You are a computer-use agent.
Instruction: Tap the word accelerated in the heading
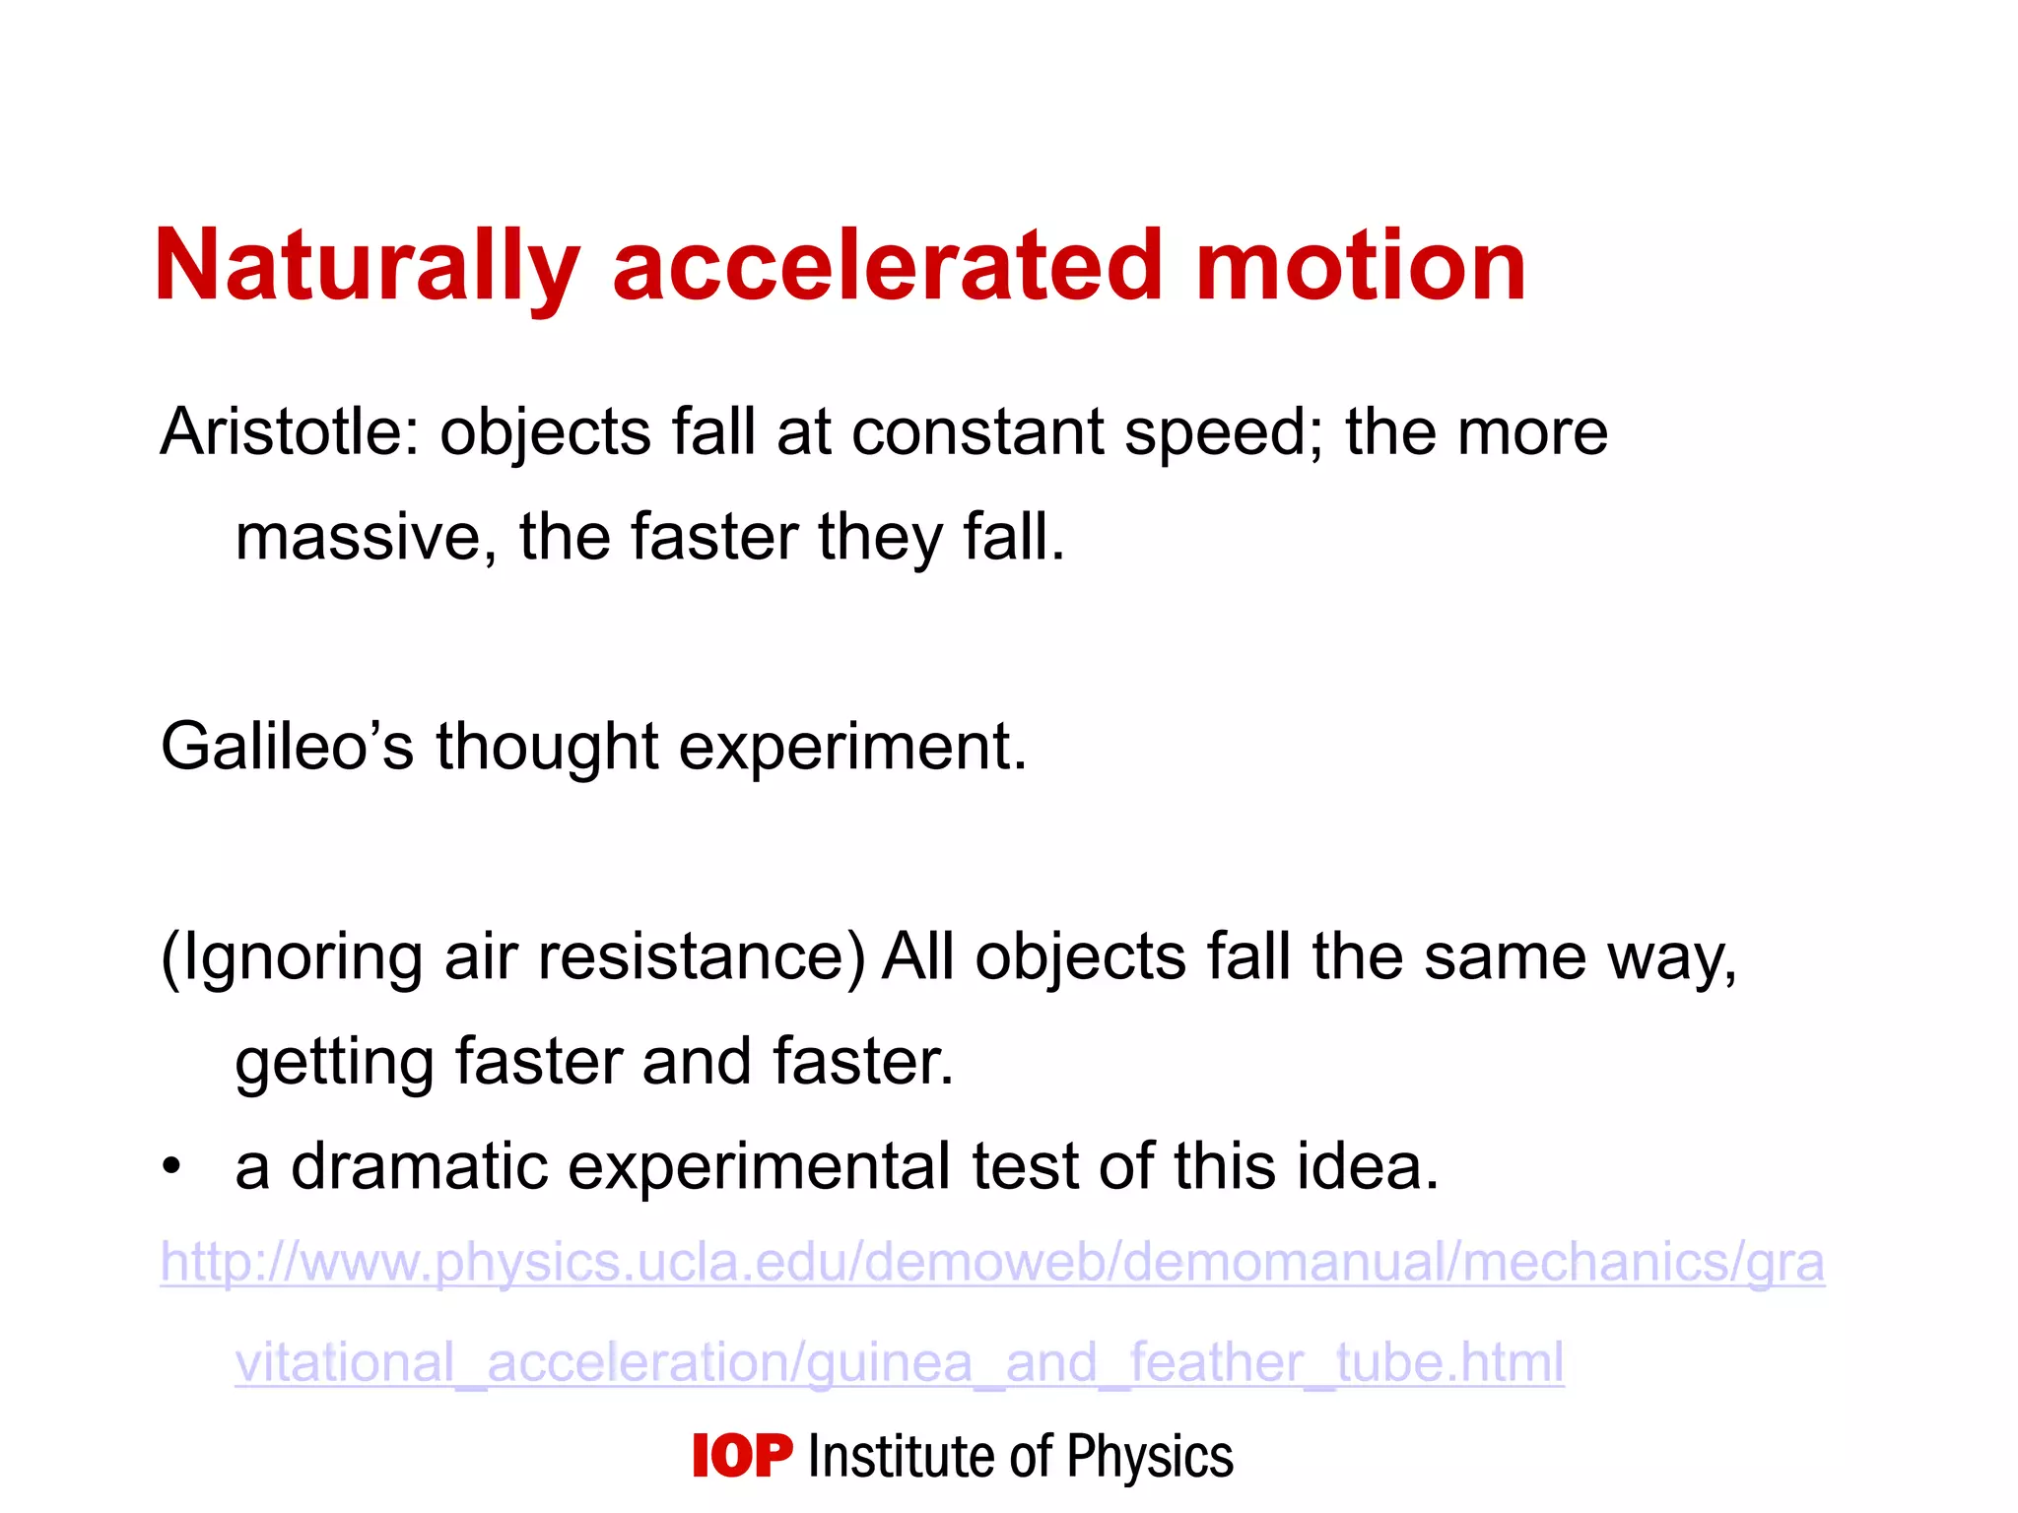coord(887,266)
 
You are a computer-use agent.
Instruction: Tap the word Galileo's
coord(286,746)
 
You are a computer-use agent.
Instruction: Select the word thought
coord(547,746)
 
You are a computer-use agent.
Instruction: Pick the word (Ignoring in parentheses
coord(291,957)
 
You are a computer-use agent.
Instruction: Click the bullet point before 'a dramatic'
coord(172,1167)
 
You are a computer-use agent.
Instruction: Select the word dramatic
coord(419,1167)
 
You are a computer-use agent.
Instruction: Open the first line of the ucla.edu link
coord(991,1262)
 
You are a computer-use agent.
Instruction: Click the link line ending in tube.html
coord(899,1362)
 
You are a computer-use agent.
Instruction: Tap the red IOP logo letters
coord(742,1456)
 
